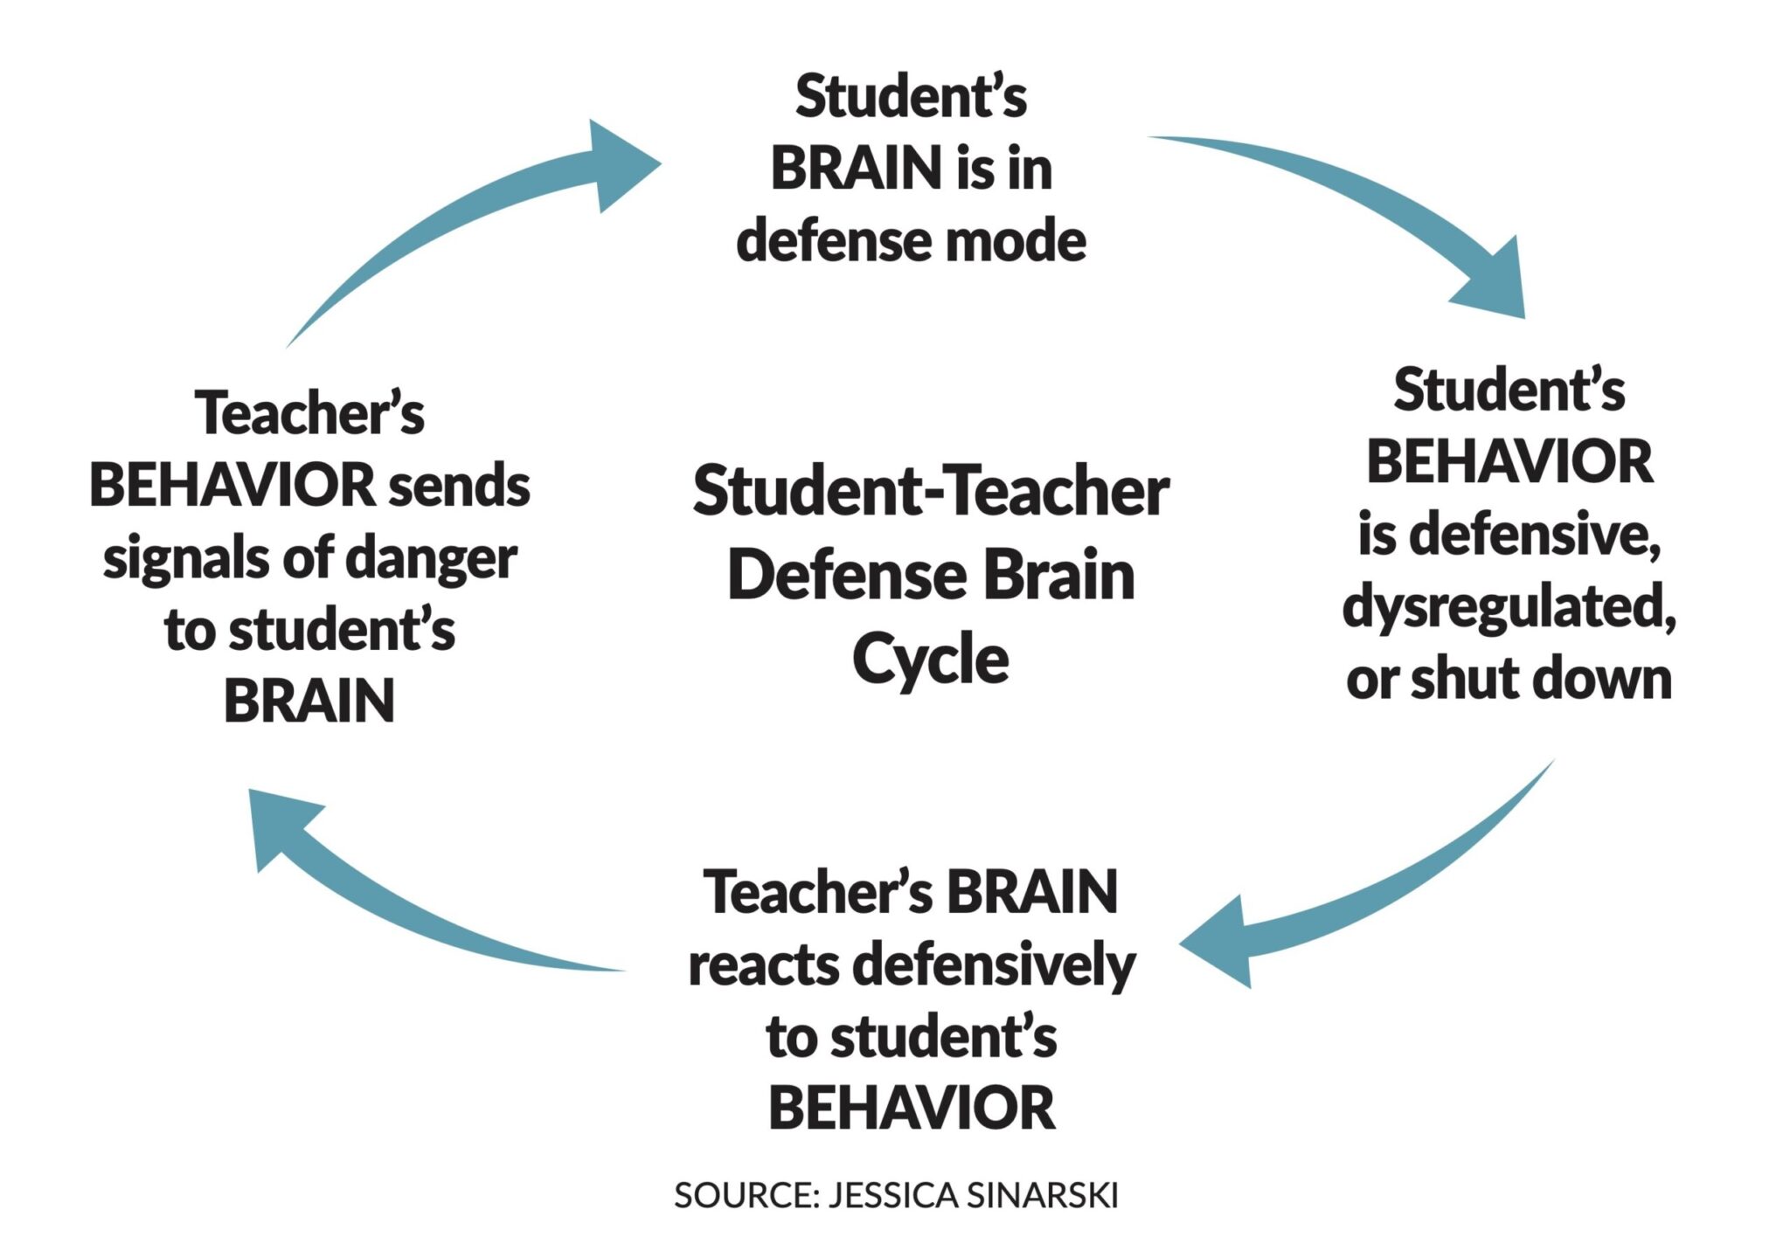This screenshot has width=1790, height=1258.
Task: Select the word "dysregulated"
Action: coord(1509,607)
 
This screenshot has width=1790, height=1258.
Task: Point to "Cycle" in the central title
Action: coord(930,660)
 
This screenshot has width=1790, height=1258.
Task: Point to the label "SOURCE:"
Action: coord(746,1195)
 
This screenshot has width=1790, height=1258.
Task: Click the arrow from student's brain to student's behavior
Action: coord(1363,201)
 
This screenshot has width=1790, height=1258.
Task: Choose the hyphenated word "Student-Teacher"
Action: coord(930,492)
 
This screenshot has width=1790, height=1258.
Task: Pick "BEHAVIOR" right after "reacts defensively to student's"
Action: coord(912,1108)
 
